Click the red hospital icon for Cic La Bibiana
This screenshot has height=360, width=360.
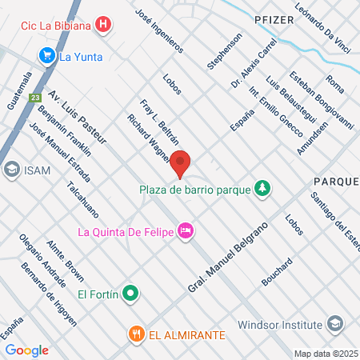(x=102, y=25)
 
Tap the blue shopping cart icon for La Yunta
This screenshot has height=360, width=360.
(x=46, y=55)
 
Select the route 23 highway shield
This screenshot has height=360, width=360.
(x=34, y=98)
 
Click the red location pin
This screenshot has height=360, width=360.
(x=181, y=163)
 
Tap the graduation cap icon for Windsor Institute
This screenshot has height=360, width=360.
(x=335, y=325)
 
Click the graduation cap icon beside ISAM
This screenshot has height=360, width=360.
(x=12, y=169)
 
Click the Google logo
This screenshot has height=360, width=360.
(x=27, y=350)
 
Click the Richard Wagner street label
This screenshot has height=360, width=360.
(x=147, y=138)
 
